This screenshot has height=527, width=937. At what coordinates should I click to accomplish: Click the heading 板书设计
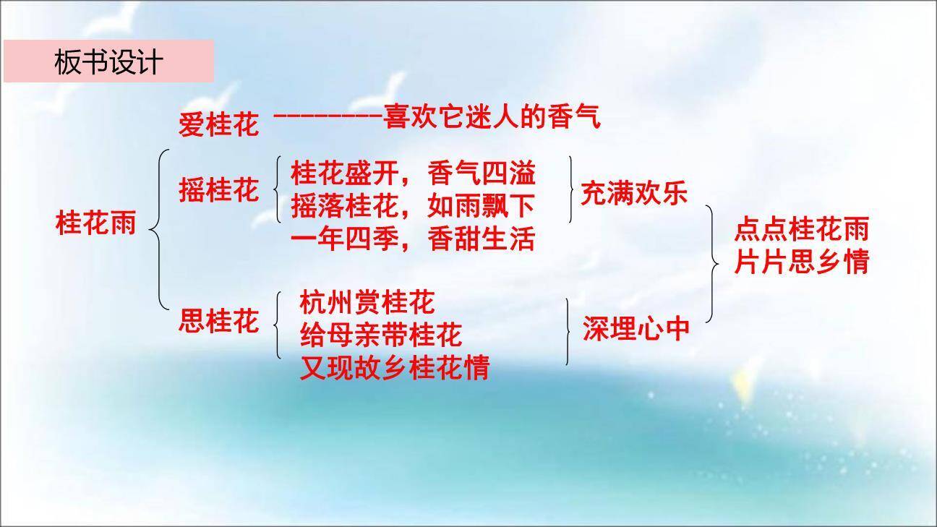click(108, 62)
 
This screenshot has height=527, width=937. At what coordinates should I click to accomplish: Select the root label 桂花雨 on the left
click(95, 223)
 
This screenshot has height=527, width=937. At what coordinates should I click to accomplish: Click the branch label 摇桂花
click(218, 191)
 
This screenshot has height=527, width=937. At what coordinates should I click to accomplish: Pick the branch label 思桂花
click(218, 321)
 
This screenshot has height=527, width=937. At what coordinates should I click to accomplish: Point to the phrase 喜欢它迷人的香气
click(492, 116)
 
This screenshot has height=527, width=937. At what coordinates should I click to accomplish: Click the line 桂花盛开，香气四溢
click(413, 174)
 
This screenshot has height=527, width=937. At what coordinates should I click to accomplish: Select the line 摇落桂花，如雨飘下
click(413, 207)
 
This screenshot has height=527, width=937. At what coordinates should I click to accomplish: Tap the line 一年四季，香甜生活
click(413, 239)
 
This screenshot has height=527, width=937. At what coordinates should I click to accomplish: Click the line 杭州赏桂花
click(367, 301)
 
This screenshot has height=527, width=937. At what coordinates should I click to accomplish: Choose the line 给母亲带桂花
click(380, 335)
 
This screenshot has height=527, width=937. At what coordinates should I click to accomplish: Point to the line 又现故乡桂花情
click(394, 367)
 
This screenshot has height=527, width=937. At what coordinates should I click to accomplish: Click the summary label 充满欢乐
click(634, 194)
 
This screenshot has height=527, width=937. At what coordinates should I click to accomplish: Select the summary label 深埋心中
click(636, 329)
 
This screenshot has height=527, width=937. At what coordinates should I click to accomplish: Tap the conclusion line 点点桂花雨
click(801, 230)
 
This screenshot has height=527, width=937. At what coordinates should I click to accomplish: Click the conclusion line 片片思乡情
click(801, 262)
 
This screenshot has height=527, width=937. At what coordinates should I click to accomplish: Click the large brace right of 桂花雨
click(161, 228)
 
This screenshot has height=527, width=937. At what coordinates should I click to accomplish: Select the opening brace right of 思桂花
click(278, 325)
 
